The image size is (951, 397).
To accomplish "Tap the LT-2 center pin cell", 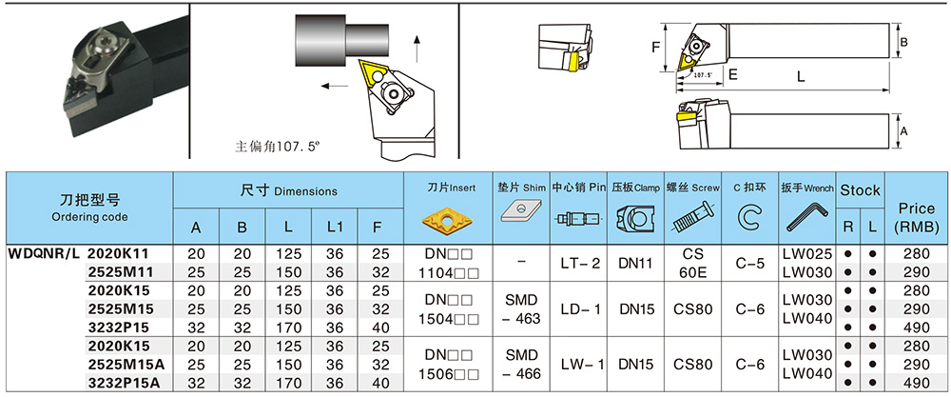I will pyautogui.click(x=578, y=263).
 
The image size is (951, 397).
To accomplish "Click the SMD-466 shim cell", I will pyautogui.click(x=522, y=364).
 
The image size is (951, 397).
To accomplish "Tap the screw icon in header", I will pyautogui.click(x=692, y=221).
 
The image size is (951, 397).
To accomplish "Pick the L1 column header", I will pyautogui.click(x=334, y=227).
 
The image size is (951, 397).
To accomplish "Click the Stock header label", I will pyautogui.click(x=860, y=190).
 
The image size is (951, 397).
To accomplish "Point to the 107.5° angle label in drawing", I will pyautogui.click(x=702, y=73).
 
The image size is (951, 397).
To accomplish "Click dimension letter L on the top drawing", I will pyautogui.click(x=801, y=74).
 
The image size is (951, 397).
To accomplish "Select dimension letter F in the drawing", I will pyautogui.click(x=655, y=46).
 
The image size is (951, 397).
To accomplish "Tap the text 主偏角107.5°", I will pyautogui.click(x=279, y=148).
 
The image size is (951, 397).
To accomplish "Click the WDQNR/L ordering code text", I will pyautogui.click(x=44, y=254).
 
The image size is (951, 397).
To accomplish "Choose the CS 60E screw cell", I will pyautogui.click(x=692, y=263).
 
